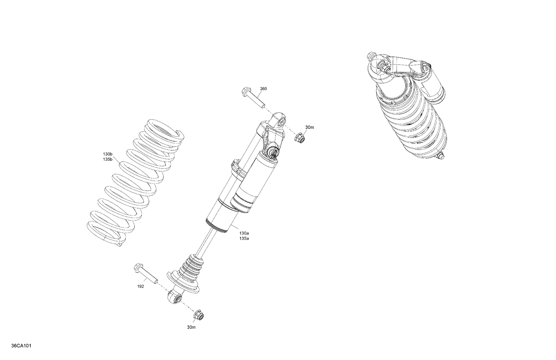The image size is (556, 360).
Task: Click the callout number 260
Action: click(x=263, y=89)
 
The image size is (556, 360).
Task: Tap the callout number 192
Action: click(x=140, y=286)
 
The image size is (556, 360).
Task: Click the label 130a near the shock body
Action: click(x=244, y=233)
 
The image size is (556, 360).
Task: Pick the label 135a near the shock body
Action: click(x=244, y=239)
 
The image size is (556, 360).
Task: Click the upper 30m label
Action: click(x=310, y=127)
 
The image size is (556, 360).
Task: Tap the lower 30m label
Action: click(x=192, y=327)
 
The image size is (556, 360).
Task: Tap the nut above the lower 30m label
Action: click(x=199, y=316)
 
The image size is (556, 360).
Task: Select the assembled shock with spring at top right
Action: click(x=408, y=107)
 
